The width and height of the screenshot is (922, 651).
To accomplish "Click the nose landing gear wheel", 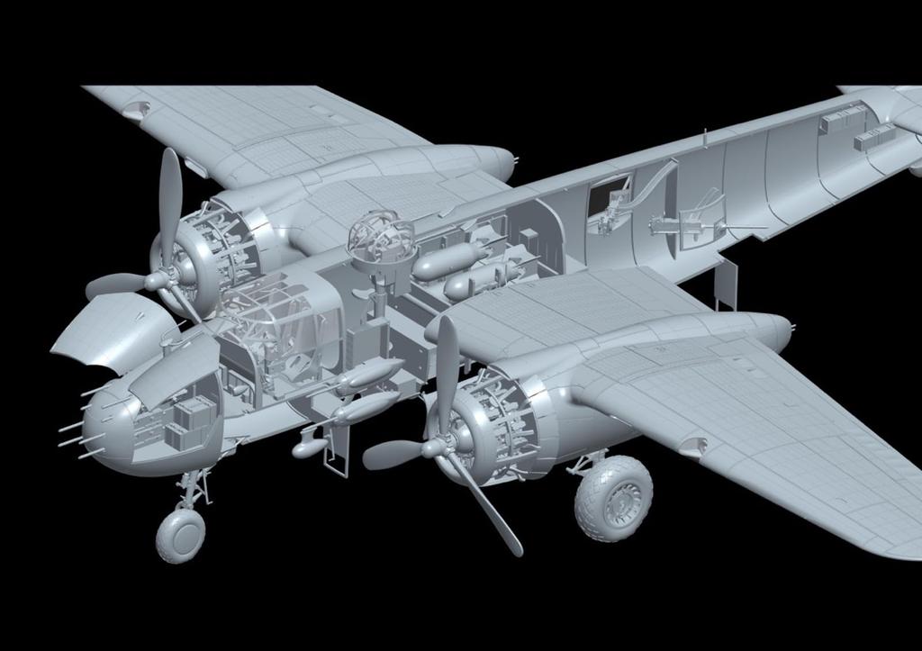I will click(x=180, y=535).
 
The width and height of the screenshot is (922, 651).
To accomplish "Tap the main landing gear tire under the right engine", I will click(x=613, y=499).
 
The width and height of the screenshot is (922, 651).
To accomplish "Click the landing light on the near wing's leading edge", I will click(x=693, y=445).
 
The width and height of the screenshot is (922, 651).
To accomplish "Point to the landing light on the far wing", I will click(x=135, y=110).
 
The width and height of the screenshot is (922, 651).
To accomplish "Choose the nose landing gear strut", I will click(x=192, y=491).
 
